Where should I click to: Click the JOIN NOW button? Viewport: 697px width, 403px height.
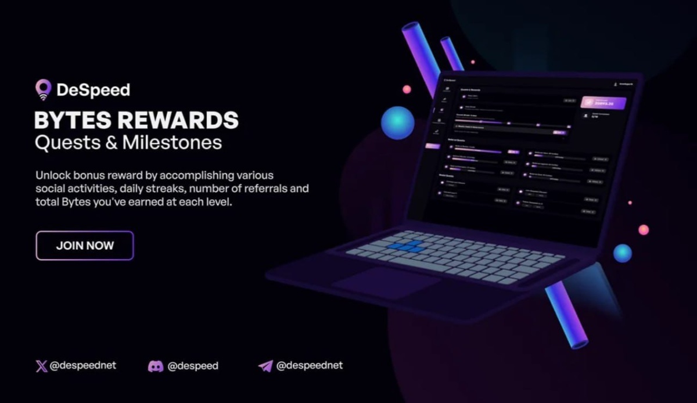pos(85,246)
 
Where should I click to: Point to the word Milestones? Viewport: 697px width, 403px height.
pos(172,143)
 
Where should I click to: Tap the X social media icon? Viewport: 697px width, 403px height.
pos(41,366)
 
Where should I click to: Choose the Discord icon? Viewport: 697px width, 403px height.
pos(155,366)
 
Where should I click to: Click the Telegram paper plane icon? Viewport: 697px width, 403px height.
pos(265,366)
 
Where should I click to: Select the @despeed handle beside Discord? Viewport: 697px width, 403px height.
pos(193,366)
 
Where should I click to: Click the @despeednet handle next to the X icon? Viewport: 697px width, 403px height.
pos(83,366)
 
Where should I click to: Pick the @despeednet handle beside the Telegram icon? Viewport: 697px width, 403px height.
pos(310,366)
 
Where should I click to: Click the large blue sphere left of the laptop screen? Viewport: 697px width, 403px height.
pos(397,123)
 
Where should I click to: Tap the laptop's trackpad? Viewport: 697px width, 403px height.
pos(386,282)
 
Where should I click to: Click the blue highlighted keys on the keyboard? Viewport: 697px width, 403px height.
pos(407,246)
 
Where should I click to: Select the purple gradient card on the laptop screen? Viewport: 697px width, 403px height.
pos(603,102)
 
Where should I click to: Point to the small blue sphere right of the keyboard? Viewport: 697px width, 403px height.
pos(622,253)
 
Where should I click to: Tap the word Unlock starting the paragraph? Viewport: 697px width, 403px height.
pos(51,175)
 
